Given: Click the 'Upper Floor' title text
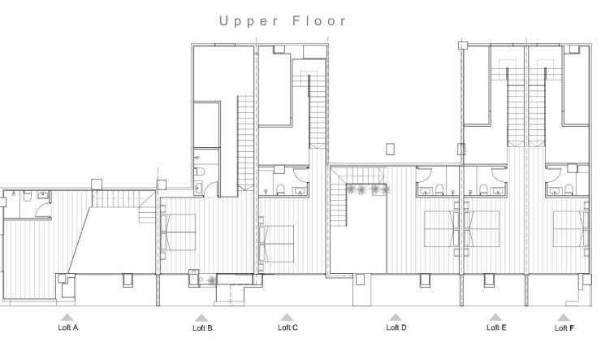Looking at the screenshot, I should [x=283, y=21].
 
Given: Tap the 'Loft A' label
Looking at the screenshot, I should [x=68, y=328].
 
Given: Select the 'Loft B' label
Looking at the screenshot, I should [x=202, y=328].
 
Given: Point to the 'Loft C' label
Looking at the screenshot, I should [x=288, y=327].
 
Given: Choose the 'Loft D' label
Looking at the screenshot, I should [x=396, y=327].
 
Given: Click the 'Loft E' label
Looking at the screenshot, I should [x=496, y=327].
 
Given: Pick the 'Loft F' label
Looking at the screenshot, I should [x=564, y=328].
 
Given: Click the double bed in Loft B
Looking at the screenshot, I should [x=179, y=232].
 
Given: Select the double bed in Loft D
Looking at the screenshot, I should [x=443, y=229].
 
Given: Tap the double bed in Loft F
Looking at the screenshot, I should [x=571, y=229].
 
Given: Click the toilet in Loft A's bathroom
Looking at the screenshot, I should [x=28, y=196].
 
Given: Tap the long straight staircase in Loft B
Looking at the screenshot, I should [x=245, y=142].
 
